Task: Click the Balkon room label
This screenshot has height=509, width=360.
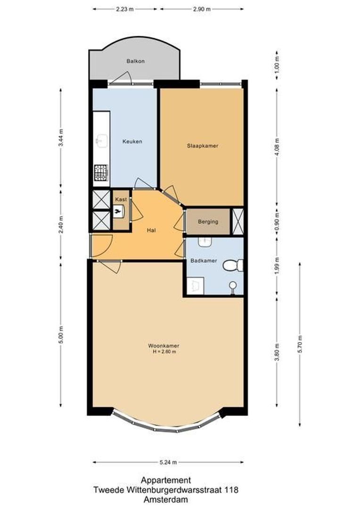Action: tap(135, 61)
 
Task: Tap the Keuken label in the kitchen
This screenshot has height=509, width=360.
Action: tap(132, 141)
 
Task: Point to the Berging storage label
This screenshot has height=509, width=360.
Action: tap(208, 222)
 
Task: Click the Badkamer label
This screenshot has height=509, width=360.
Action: tap(201, 261)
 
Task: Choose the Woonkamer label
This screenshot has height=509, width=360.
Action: tap(163, 346)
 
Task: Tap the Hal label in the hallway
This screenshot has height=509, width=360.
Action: tap(151, 230)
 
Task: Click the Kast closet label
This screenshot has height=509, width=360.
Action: tap(121, 200)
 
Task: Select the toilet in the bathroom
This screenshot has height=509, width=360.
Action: tap(233, 266)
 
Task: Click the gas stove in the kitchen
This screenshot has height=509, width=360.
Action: tap(101, 172)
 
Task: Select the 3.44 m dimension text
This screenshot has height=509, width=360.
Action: tap(60, 138)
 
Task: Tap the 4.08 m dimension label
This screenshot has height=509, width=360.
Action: tap(277, 140)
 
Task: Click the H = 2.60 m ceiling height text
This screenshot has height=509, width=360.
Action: tap(163, 352)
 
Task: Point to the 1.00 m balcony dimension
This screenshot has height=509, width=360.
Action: tap(277, 64)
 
